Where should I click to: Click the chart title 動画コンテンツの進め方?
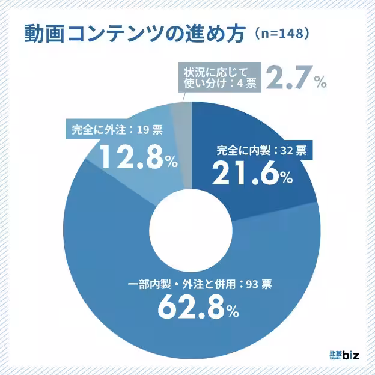(135, 34)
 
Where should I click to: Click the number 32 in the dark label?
(285, 151)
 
